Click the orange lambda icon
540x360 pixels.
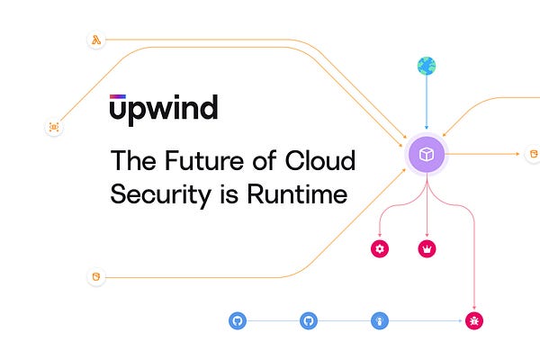pos(95,40)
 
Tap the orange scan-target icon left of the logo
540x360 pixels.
pos(54,128)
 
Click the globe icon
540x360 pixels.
pos(426,66)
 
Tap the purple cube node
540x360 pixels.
pos(427,155)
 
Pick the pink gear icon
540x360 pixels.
pos(380,249)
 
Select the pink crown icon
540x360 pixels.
pos(427,249)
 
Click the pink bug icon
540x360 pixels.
pos(474,319)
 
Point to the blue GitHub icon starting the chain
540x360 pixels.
pos(238,319)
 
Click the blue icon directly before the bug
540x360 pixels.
pos(379,319)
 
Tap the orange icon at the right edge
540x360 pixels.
pos(532,154)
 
